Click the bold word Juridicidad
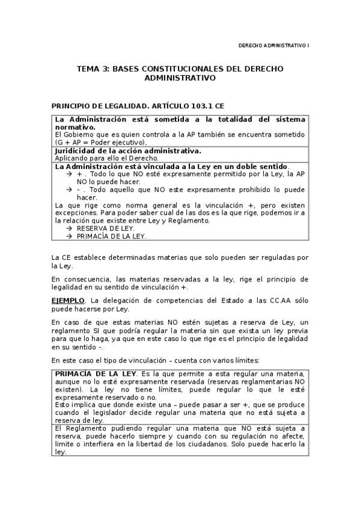coord(77,150)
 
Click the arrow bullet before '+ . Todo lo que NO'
coord(70,173)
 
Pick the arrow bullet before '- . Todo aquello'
coord(70,189)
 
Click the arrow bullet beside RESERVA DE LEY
coord(70,229)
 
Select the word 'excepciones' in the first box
coord(75,213)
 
